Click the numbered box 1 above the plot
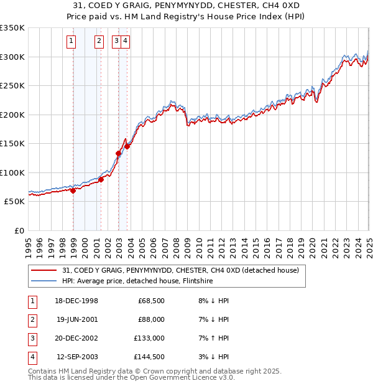pyautogui.click(x=71, y=42)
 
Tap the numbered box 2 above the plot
pyautogui.click(x=99, y=42)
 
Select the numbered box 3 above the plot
pyautogui.click(x=116, y=42)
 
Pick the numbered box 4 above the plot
pyautogui.click(x=125, y=42)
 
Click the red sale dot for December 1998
pyautogui.click(x=73, y=191)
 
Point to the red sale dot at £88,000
pyautogui.click(x=101, y=180)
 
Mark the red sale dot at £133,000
pyautogui.click(x=118, y=153)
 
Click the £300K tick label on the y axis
pyautogui.click(x=12, y=57)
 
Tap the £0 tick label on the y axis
pyautogui.click(x=19, y=230)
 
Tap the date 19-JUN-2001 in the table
pyautogui.click(x=78, y=319)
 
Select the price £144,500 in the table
pyautogui.click(x=149, y=357)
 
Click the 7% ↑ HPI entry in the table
pyautogui.click(x=212, y=338)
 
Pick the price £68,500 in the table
pyautogui.click(x=150, y=301)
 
